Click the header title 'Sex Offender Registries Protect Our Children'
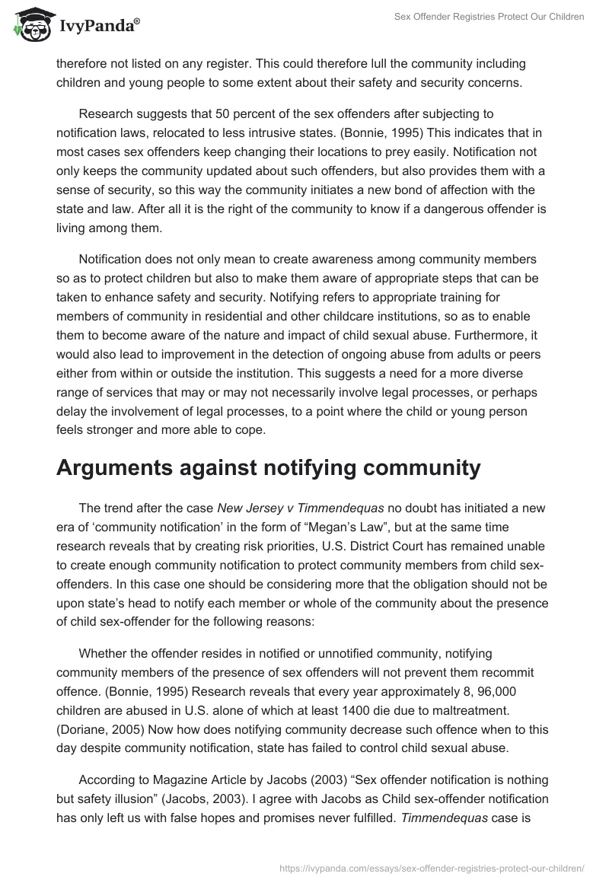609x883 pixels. click(489, 17)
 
